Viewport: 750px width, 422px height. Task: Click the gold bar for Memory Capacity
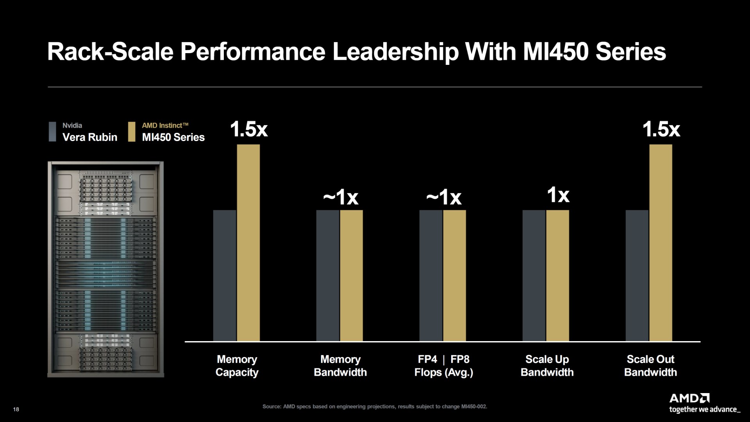[248, 242]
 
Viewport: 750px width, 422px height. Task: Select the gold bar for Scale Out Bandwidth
[661, 242]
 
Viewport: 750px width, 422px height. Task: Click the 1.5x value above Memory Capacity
[249, 129]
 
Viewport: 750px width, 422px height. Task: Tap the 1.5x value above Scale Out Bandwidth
[661, 129]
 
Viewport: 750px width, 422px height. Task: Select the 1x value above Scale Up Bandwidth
[558, 195]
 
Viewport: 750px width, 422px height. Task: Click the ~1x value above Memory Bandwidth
[341, 197]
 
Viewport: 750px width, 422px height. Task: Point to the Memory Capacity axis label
[237, 366]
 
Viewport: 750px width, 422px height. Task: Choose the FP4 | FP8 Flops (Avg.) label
[444, 366]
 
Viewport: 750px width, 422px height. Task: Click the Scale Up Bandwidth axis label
[547, 366]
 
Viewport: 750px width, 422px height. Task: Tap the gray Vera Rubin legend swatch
[52, 132]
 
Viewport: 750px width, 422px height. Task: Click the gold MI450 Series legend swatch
[132, 132]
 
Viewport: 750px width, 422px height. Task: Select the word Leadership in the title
[395, 52]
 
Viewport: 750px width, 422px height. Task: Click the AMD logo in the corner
[689, 399]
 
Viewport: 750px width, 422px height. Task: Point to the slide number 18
[16, 409]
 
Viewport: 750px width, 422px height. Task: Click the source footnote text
[375, 406]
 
